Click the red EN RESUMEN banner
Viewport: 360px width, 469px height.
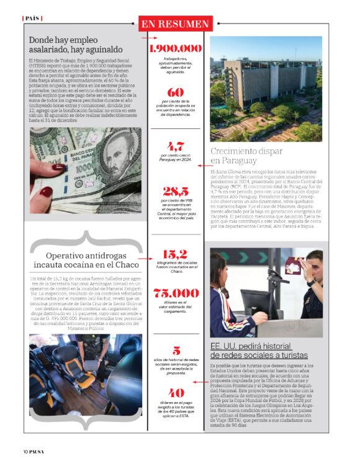click(175, 24)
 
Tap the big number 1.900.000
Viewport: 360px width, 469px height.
click(176, 48)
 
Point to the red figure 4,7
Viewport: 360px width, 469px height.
click(176, 146)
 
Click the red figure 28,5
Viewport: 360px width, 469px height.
click(176, 191)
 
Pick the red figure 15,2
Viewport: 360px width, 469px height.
click(175, 254)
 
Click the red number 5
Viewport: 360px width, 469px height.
click(176, 350)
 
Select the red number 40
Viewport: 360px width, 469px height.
click(176, 393)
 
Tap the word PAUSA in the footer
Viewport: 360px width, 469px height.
click(43, 451)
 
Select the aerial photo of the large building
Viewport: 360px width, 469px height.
click(266, 89)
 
